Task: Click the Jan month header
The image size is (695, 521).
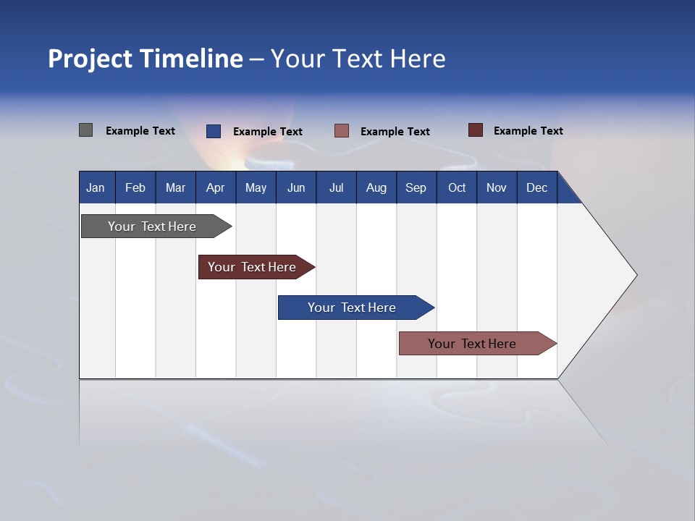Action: pyautogui.click(x=96, y=187)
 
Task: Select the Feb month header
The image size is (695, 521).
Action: pyautogui.click(x=135, y=187)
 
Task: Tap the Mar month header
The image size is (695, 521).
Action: pyautogui.click(x=176, y=187)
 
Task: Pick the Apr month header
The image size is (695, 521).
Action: pyautogui.click(x=216, y=187)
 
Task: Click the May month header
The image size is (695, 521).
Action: pyautogui.click(x=256, y=187)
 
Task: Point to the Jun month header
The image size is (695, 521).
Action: pyautogui.click(x=296, y=187)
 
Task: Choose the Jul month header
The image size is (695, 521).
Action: pyautogui.click(x=336, y=187)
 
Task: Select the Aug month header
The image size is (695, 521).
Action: pyautogui.click(x=376, y=187)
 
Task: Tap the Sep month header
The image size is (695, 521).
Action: pyautogui.click(x=416, y=187)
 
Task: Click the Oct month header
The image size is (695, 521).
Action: pyautogui.click(x=457, y=187)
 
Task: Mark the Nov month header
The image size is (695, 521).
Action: pyautogui.click(x=497, y=187)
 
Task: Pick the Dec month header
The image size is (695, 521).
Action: pyautogui.click(x=537, y=187)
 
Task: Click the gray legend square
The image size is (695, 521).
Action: pyautogui.click(x=85, y=130)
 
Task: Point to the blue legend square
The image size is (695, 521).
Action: pyautogui.click(x=213, y=131)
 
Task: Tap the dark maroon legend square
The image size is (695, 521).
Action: pyautogui.click(x=475, y=130)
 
